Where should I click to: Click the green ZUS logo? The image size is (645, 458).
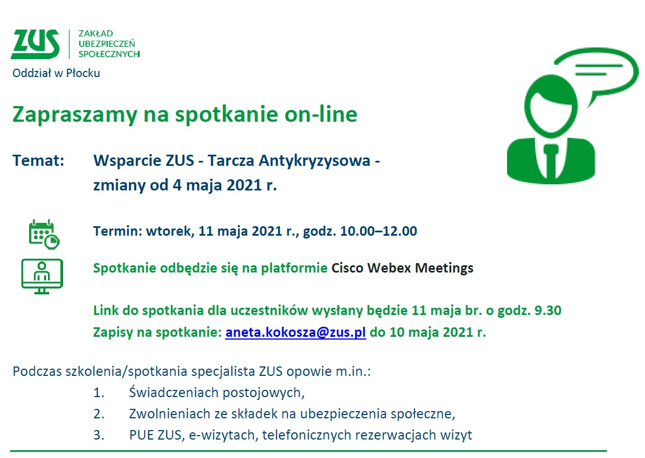pyautogui.click(x=35, y=44)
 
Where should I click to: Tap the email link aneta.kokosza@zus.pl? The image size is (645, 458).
pyautogui.click(x=295, y=332)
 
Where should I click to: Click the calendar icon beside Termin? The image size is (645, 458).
pyautogui.click(x=44, y=234)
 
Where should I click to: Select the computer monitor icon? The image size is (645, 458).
pyautogui.click(x=42, y=276)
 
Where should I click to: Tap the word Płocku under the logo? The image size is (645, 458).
pyautogui.click(x=83, y=73)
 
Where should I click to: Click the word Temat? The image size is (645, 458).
pyautogui.click(x=39, y=160)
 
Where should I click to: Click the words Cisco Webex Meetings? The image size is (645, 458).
pyautogui.click(x=402, y=268)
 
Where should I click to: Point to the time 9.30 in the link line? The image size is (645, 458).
pyautogui.click(x=547, y=311)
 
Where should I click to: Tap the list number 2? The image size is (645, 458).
pyautogui.click(x=99, y=413)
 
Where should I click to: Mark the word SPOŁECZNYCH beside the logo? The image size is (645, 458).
pyautogui.click(x=109, y=54)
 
